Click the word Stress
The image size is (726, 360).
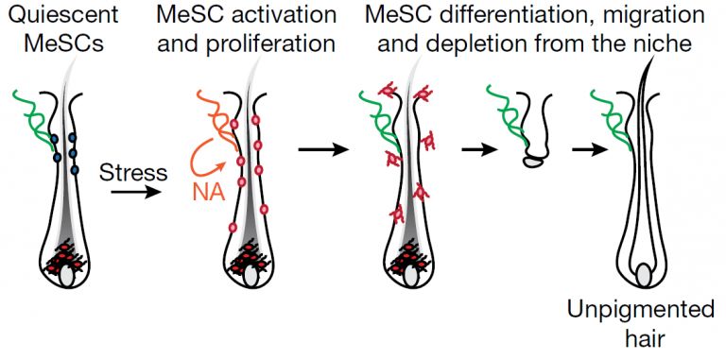(x=133, y=174)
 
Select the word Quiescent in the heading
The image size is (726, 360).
(x=63, y=15)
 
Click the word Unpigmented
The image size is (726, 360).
(x=641, y=310)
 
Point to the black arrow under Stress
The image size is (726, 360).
(x=135, y=191)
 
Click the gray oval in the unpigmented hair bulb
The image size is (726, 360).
(x=644, y=275)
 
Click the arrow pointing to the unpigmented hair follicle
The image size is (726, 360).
(x=590, y=150)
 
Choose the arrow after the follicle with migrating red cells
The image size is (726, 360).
(x=480, y=150)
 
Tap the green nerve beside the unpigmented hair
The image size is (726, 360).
(x=612, y=119)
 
